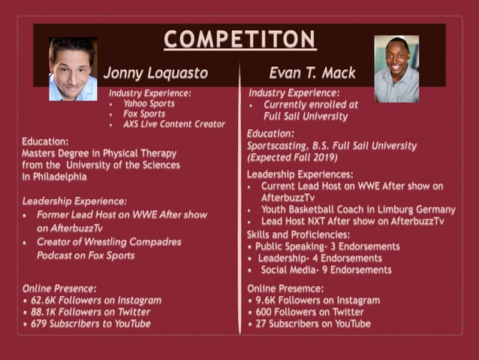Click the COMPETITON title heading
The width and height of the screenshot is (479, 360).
240,39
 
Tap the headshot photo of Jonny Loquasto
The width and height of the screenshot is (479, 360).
73,69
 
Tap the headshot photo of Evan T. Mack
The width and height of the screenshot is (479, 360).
396,69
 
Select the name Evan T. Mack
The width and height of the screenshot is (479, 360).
312,73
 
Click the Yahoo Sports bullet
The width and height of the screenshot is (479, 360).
149,104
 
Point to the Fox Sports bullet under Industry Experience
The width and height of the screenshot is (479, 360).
145,114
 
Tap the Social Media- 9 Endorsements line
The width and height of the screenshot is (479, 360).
326,270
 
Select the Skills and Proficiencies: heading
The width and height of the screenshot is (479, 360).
298,234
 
